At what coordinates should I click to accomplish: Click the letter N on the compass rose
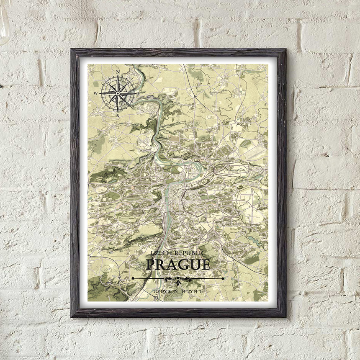(x=118, y=72)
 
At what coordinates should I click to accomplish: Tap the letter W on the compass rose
(x=95, y=93)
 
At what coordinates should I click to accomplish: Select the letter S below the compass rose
(x=118, y=115)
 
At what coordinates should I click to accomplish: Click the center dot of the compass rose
(x=118, y=93)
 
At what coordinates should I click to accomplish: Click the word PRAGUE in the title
(x=178, y=265)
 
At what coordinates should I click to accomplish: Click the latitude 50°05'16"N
(x=165, y=291)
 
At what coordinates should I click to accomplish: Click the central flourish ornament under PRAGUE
(x=178, y=279)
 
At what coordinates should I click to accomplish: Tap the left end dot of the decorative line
(x=133, y=278)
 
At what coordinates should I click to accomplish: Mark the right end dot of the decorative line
(x=223, y=278)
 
